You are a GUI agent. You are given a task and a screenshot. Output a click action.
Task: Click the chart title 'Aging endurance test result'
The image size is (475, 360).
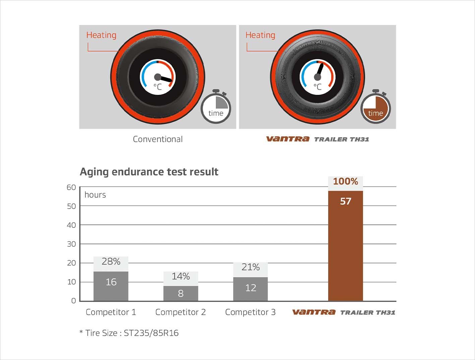pos(149,172)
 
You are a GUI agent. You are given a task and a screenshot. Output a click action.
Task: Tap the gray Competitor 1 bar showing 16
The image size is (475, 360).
pos(111,286)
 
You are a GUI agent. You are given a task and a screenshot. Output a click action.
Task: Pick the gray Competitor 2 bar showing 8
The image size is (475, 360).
pos(181,293)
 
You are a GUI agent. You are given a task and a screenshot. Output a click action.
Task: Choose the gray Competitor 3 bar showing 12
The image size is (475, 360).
pos(250,289)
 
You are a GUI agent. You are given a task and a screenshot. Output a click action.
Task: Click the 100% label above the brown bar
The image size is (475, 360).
pos(345,182)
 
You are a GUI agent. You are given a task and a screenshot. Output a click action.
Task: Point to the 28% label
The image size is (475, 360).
pos(111,261)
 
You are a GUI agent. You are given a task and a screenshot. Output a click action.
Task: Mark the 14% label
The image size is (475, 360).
pos(181,276)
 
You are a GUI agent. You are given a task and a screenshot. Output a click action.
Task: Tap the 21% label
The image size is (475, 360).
pos(250,267)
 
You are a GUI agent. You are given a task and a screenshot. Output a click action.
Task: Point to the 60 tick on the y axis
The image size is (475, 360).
pos(71,187)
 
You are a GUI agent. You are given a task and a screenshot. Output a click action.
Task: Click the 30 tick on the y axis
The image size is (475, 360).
pos(71,244)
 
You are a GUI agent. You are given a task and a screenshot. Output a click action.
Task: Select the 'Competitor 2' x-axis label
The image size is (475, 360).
pos(180,312)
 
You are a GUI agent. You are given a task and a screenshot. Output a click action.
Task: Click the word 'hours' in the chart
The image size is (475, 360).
pos(95,195)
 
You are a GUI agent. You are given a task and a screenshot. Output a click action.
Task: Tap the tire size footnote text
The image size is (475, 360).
pos(129,333)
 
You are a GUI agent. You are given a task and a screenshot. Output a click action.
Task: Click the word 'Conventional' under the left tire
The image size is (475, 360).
pos(158,139)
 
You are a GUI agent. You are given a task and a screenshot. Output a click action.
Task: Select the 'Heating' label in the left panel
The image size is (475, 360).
pos(101,35)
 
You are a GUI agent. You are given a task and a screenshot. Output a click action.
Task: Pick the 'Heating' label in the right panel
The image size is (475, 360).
pos(260,35)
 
